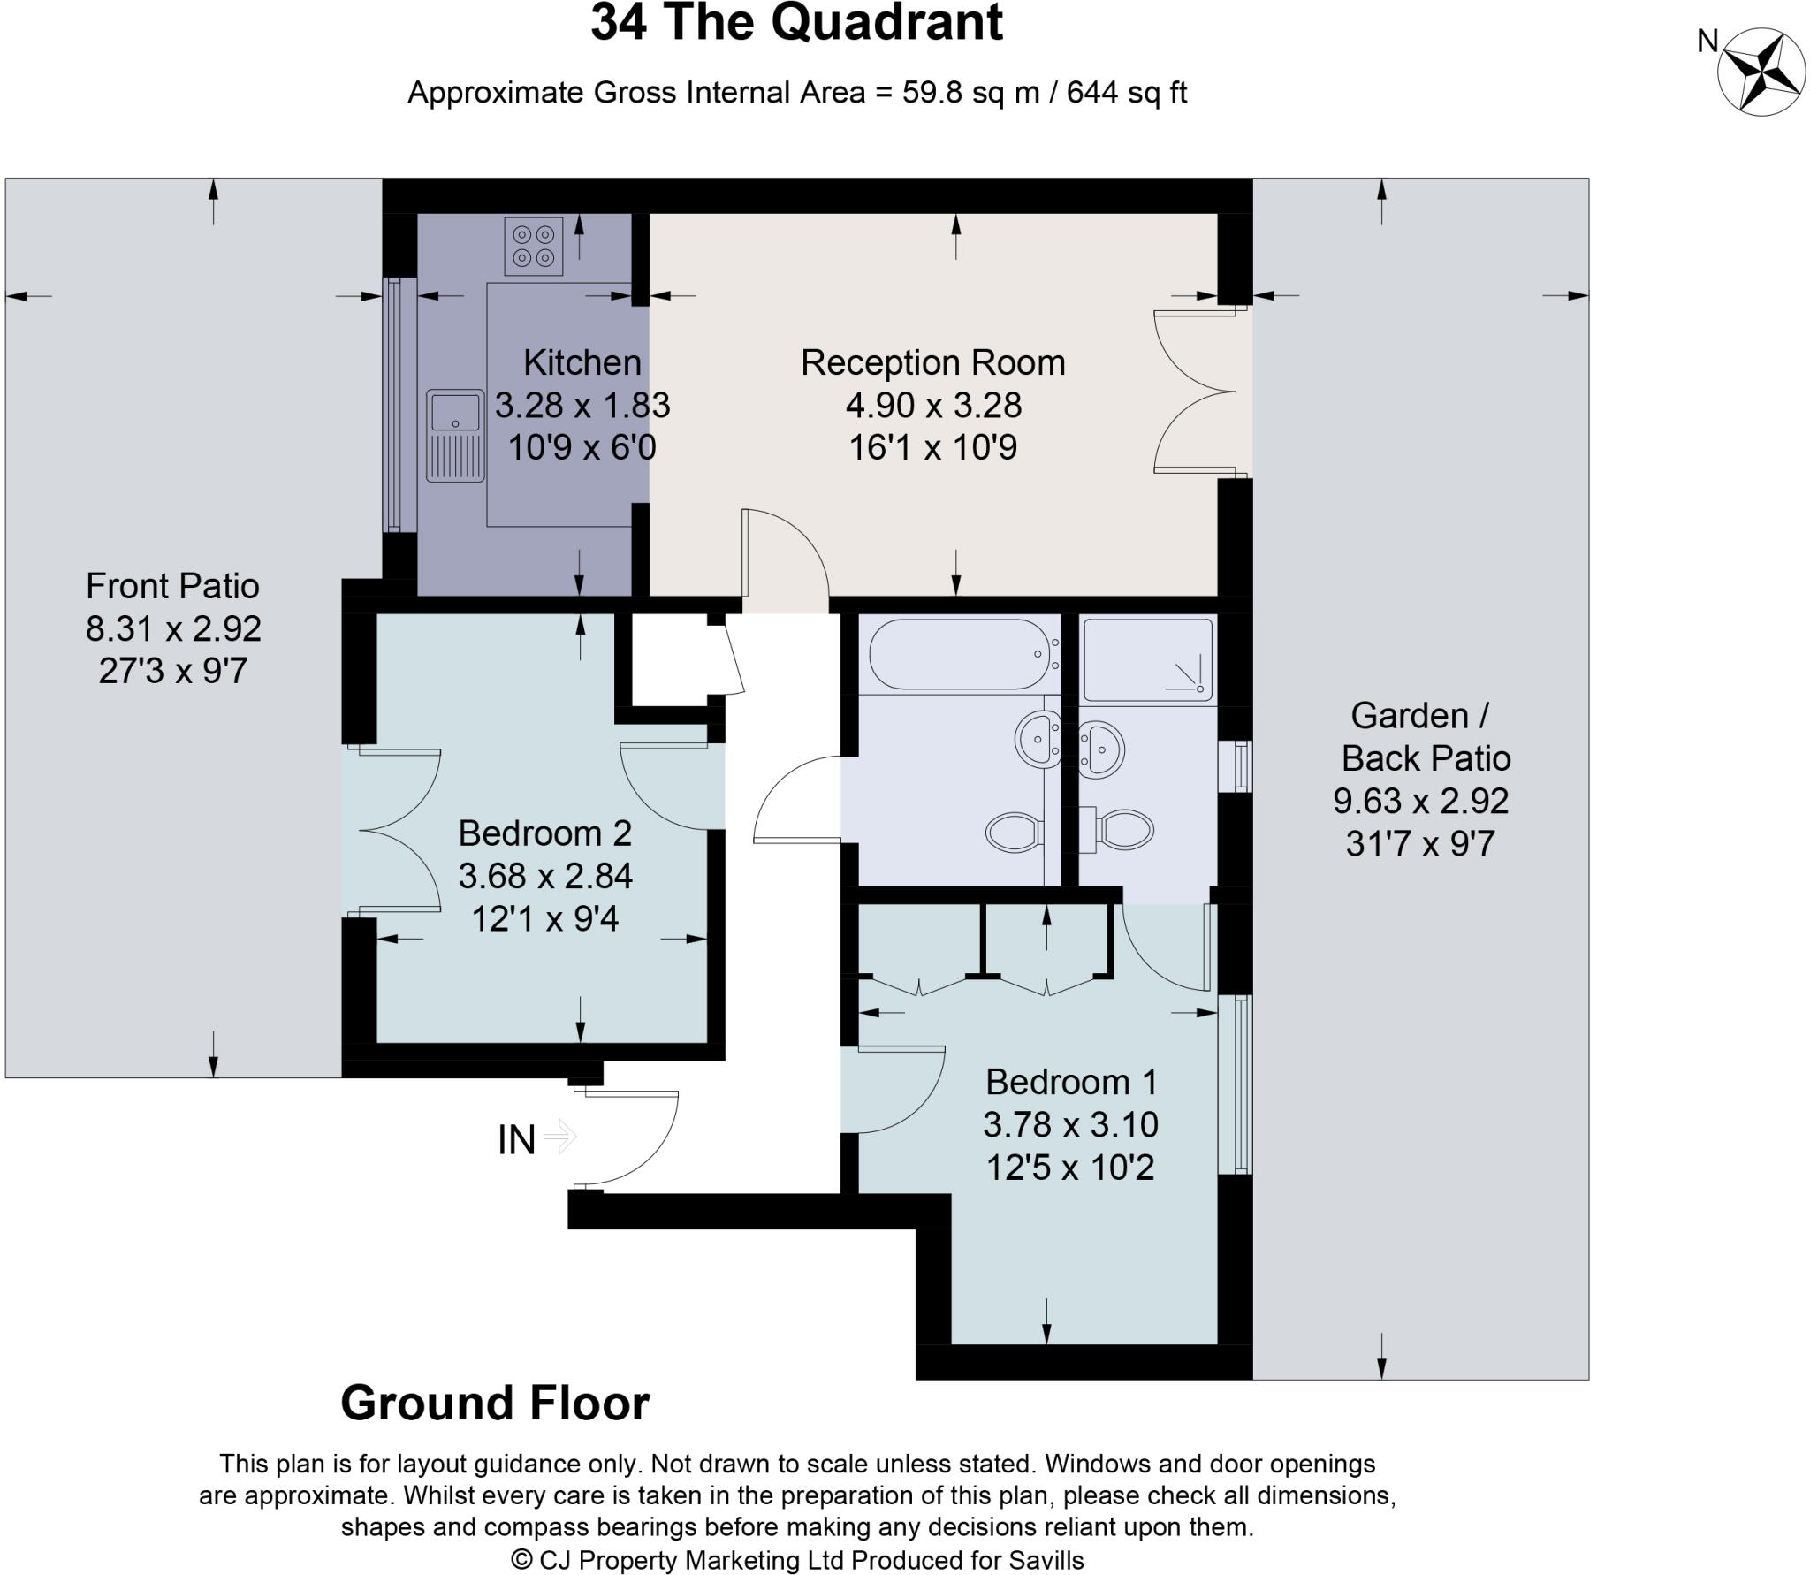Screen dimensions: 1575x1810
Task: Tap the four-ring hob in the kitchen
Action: pos(534,247)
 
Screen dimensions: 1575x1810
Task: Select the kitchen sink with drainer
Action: pos(455,436)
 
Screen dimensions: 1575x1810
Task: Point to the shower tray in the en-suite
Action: pos(1147,659)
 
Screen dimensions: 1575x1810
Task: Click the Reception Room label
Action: pos(932,362)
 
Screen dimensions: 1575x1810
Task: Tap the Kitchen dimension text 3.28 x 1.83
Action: pos(582,405)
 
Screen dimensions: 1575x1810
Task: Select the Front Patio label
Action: pos(172,586)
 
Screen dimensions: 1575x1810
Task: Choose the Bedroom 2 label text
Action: pos(544,833)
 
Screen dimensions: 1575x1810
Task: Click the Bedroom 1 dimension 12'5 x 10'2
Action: pos(1069,1168)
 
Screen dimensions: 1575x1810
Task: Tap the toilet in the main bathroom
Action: pos(1015,832)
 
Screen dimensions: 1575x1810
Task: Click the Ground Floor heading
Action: pos(495,1404)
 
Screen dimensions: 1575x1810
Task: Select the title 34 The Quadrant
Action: pos(796,23)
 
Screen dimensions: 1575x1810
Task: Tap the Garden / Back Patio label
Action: pos(1425,737)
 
